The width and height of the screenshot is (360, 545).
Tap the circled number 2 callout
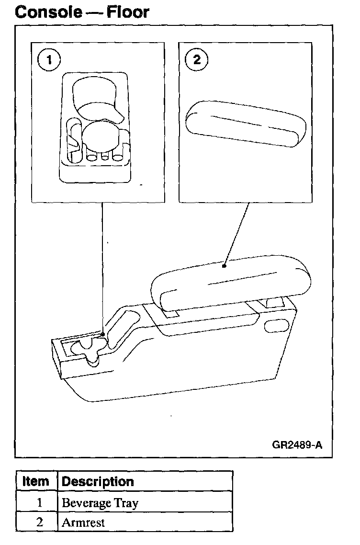pyautogui.click(x=196, y=60)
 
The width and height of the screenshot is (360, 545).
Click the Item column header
pyautogui.click(x=36, y=481)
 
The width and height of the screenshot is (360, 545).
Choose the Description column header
pyautogui.click(x=98, y=481)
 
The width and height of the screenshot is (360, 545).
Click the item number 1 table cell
pyautogui.click(x=40, y=502)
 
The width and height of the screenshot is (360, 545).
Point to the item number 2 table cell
pyautogui.click(x=40, y=522)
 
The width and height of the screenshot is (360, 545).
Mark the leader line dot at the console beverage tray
pyautogui.click(x=103, y=334)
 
